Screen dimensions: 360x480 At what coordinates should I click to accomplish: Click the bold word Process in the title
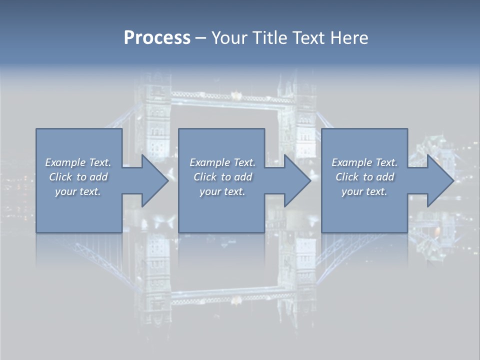(157, 38)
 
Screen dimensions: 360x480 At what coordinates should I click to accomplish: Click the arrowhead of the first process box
(155, 180)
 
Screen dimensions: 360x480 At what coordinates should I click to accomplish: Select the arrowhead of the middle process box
(297, 180)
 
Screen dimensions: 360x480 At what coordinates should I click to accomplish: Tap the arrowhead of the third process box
(440, 180)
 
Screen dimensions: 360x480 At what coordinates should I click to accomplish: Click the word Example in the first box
(65, 162)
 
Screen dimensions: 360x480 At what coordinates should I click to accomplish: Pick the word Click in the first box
(60, 177)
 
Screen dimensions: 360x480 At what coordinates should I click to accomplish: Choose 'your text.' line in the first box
(78, 191)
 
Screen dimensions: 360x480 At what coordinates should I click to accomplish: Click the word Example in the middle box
(209, 162)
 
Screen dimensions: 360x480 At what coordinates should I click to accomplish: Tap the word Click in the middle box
(204, 177)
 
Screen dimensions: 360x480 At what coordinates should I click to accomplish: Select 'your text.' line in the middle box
(222, 191)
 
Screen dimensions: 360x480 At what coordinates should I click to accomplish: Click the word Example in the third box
(351, 162)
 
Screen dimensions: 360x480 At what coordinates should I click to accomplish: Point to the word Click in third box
(347, 177)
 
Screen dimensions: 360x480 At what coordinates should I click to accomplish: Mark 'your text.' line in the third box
(364, 191)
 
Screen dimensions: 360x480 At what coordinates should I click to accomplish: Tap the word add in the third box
(384, 177)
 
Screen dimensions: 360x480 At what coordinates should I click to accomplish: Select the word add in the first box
(98, 177)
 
